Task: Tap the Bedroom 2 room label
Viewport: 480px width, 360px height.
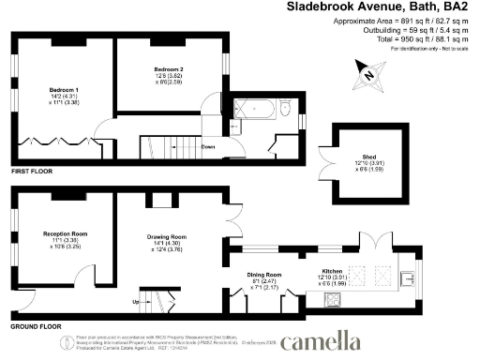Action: click(x=169, y=69)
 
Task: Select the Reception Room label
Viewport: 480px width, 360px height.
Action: click(x=65, y=232)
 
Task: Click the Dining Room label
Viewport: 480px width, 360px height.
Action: click(x=265, y=274)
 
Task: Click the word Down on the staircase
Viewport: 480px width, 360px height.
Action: click(x=208, y=146)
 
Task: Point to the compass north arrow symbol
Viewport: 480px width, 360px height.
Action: click(x=369, y=74)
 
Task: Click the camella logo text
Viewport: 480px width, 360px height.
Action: click(x=321, y=340)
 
